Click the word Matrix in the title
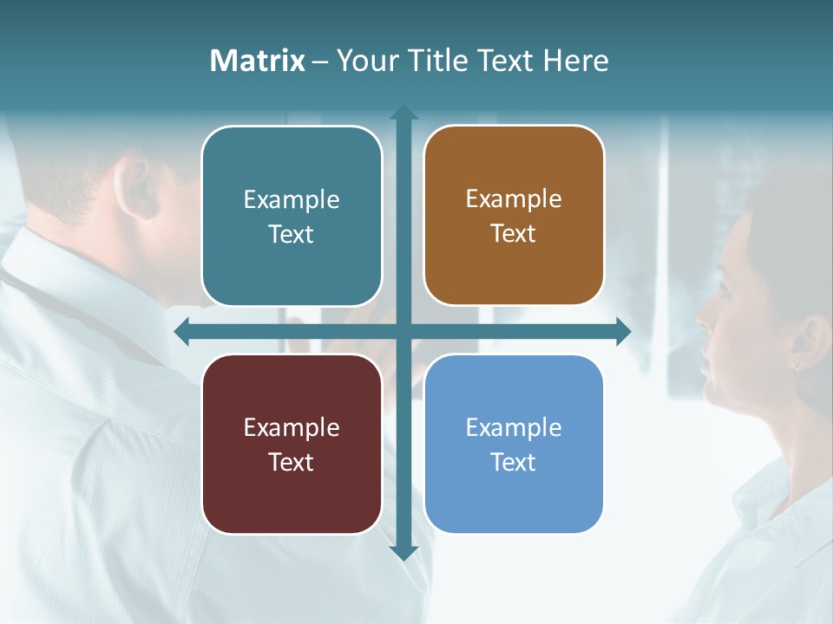(x=257, y=61)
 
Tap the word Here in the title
(x=575, y=61)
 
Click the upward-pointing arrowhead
(x=403, y=112)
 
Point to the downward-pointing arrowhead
(x=403, y=552)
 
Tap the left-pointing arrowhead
(x=181, y=332)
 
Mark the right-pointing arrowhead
(x=624, y=332)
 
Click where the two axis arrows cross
(x=403, y=332)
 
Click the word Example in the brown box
(x=514, y=199)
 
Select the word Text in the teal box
(x=291, y=235)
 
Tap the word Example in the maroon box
(x=291, y=427)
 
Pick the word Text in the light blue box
(x=514, y=462)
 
